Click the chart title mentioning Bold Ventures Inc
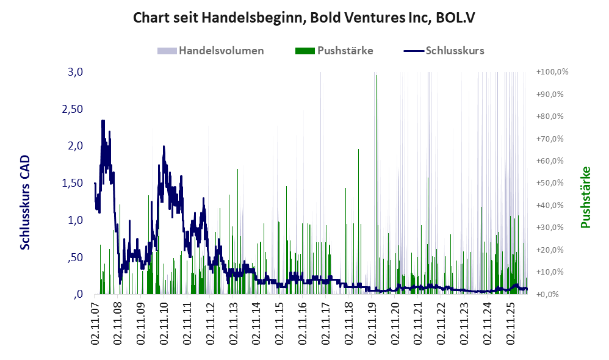tap(304, 18)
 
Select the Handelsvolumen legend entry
tap(211, 51)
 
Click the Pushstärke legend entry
tap(334, 51)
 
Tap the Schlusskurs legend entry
tap(444, 51)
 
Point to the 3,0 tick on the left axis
tap(75, 72)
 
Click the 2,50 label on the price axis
tap(73, 109)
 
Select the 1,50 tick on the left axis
tap(73, 183)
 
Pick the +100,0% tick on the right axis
tap(552, 72)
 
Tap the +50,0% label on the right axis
tap(550, 183)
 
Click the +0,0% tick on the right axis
tap(547, 294)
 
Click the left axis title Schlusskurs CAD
tap(25, 203)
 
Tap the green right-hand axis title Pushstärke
tap(585, 197)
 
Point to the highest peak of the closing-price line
tap(103, 121)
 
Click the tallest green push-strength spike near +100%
tap(376, 75)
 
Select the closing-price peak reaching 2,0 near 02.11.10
tap(164, 146)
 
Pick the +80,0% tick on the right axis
tap(550, 117)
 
